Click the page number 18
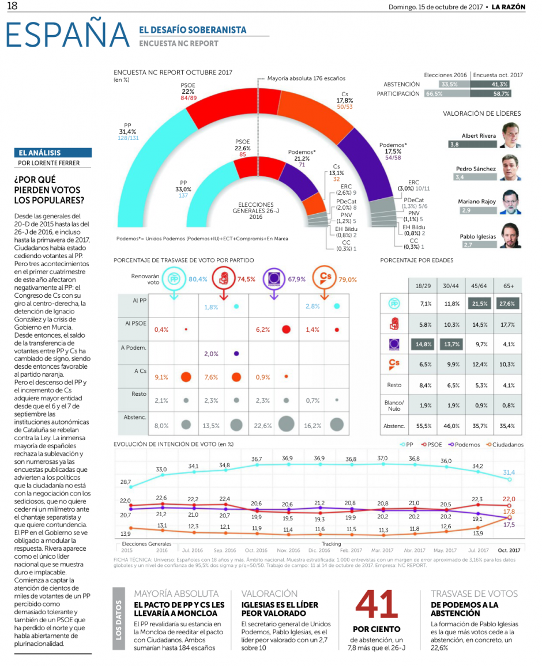coord(12,6)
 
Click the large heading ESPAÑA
coord(67,35)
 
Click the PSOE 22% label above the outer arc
coord(188,92)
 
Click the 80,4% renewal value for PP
coord(198,279)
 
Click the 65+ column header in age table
coord(507,285)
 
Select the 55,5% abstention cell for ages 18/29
coord(426,426)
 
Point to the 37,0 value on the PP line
coord(382,458)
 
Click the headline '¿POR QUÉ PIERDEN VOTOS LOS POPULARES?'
coord(48,190)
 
